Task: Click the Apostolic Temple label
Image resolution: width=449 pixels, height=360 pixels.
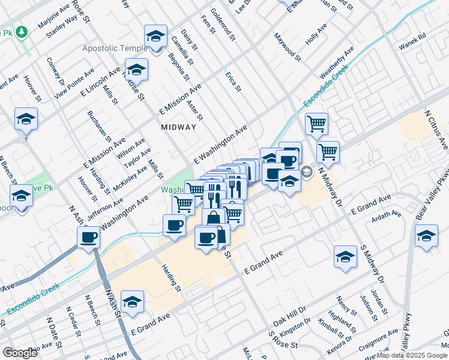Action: point(115,48)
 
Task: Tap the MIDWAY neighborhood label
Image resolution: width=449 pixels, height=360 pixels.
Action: point(178,127)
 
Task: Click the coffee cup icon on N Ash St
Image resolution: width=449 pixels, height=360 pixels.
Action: point(89,238)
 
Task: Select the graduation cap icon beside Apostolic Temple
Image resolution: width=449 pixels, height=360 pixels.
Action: point(155,37)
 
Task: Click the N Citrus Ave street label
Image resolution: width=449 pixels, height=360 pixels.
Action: point(436,130)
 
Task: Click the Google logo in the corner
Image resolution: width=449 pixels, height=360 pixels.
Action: point(20,352)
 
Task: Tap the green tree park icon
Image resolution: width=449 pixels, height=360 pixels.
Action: point(22,31)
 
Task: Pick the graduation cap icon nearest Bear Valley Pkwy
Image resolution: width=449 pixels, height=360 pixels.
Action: point(426,236)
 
